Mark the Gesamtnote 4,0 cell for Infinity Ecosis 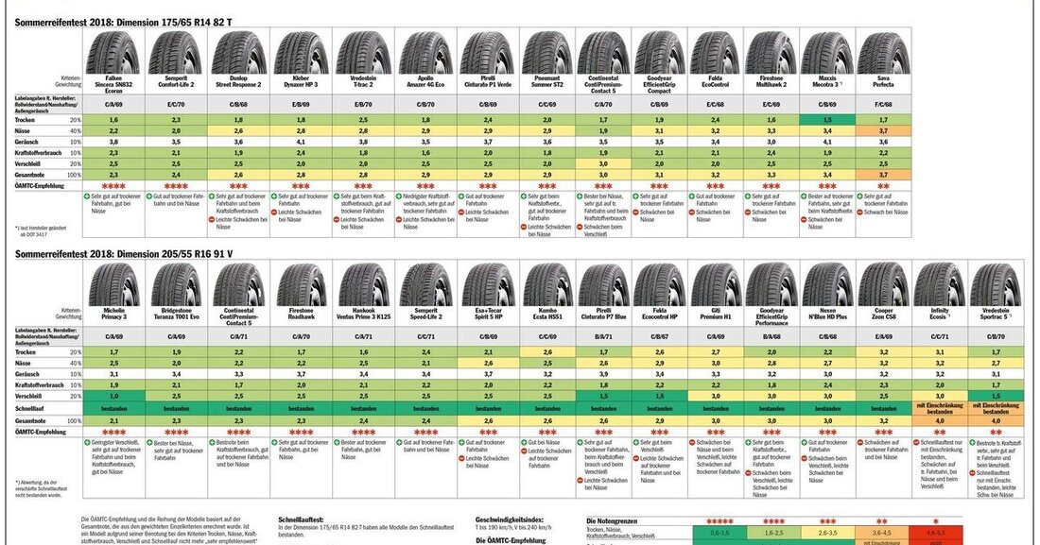[940, 420]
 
